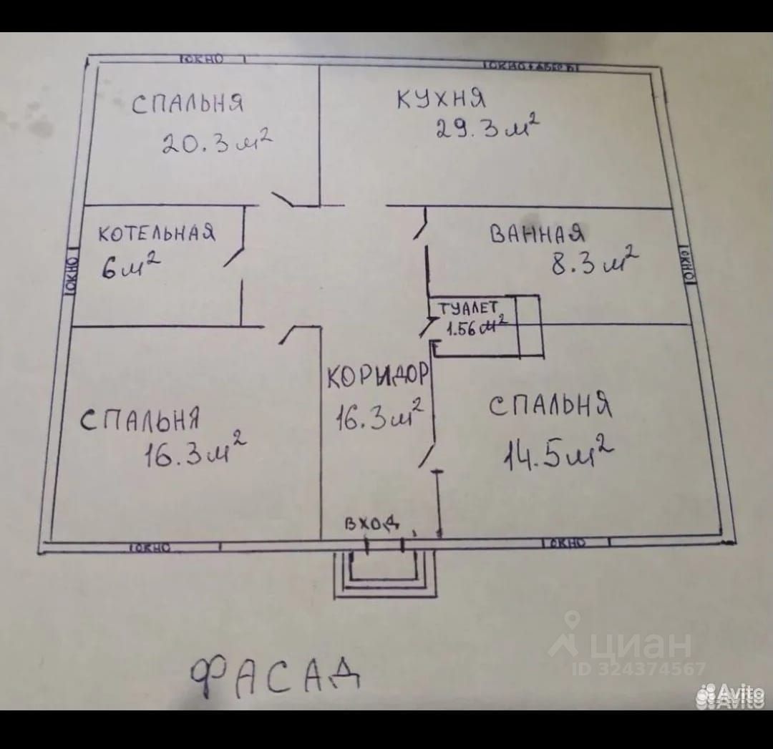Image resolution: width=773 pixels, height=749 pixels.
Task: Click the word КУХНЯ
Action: pyautogui.click(x=442, y=99)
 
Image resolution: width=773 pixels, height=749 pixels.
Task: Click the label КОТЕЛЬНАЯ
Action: pyautogui.click(x=157, y=233)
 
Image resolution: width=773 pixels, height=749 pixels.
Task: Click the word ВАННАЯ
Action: pyautogui.click(x=538, y=234)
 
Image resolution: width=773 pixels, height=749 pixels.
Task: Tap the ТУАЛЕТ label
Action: pyautogui.click(x=467, y=308)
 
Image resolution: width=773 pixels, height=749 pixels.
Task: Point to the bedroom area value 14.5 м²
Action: pyautogui.click(x=559, y=453)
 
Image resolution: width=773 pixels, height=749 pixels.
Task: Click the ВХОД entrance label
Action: pyautogui.click(x=371, y=524)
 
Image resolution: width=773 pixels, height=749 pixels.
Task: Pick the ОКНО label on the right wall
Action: pyautogui.click(x=688, y=266)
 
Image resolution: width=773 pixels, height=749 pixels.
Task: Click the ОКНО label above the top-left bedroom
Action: pyautogui.click(x=202, y=59)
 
